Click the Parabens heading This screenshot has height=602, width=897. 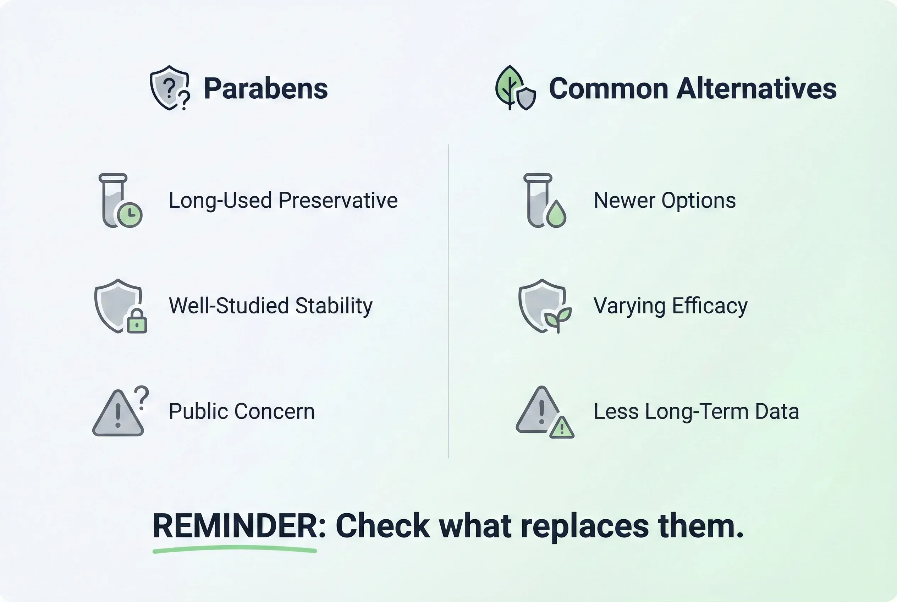[266, 88]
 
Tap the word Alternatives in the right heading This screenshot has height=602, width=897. [756, 88]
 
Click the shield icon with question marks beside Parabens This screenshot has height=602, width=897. [170, 88]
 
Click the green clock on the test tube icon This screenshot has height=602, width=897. [130, 215]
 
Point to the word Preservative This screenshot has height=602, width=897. [338, 201]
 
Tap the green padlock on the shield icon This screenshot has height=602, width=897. [137, 321]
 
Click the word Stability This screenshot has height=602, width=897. [334, 306]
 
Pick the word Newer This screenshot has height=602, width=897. [624, 201]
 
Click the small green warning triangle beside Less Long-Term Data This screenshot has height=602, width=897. [562, 427]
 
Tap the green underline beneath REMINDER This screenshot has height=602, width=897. [235, 550]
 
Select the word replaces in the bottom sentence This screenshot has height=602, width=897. [584, 526]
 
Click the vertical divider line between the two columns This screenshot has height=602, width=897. [448, 301]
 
